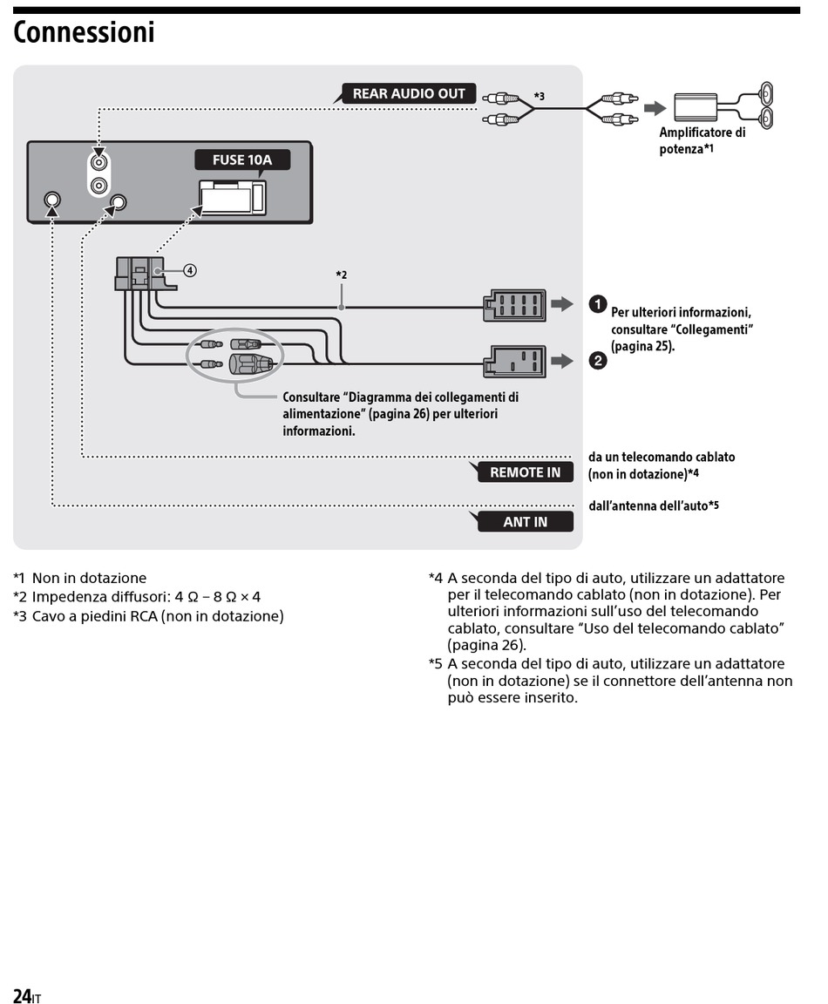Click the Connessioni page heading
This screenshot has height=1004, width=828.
(84, 32)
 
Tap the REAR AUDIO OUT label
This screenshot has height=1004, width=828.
(409, 93)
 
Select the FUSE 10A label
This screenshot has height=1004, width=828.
(242, 159)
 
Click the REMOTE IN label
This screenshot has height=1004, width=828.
(525, 471)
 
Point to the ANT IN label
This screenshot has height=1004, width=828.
(525, 522)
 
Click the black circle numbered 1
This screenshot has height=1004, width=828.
(597, 304)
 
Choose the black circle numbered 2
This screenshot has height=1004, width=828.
(597, 361)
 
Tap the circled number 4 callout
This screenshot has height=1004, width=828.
(189, 270)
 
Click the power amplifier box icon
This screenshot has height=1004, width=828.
(696, 107)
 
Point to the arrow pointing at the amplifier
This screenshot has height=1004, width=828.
(655, 107)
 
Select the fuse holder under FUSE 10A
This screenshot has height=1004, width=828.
(233, 197)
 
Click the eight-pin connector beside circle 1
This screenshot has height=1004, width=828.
(515, 305)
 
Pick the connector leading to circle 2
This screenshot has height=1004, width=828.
(515, 362)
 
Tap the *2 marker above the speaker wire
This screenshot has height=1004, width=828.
(342, 275)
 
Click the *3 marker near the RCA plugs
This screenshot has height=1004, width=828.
(540, 96)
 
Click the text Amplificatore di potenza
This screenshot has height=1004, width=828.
(702, 140)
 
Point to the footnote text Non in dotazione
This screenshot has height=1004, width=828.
(89, 578)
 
